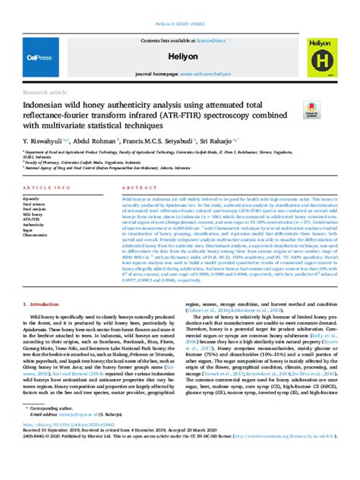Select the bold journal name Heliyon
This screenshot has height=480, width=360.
(x=180, y=56)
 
